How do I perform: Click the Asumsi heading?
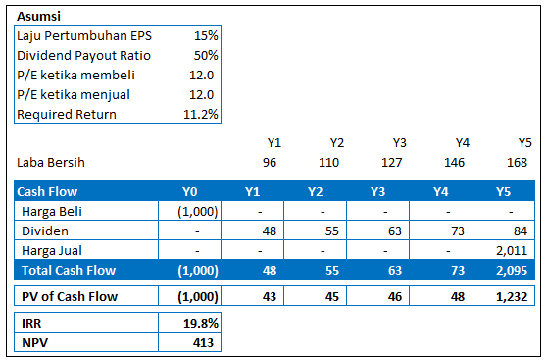(37, 17)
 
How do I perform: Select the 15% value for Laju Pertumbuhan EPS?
(206, 35)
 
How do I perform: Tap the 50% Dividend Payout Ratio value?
(205, 55)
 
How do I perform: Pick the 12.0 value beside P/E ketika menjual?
(203, 94)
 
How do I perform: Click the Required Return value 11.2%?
(201, 114)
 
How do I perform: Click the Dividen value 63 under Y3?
(396, 231)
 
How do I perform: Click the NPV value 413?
(203, 342)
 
